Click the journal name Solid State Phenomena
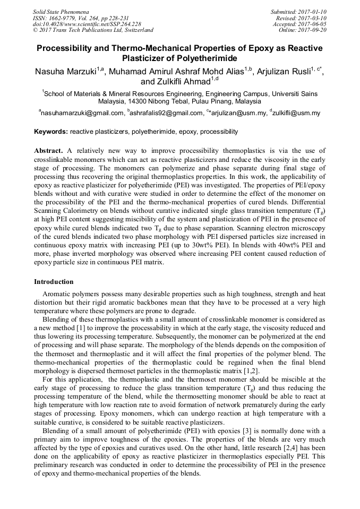coord(60,11)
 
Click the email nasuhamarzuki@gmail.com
coord(82,113)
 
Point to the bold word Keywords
coord(50,132)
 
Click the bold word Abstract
coord(48,151)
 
